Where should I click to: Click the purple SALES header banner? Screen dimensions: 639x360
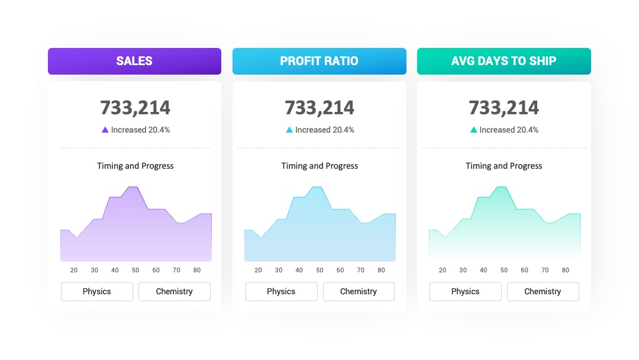coord(134,61)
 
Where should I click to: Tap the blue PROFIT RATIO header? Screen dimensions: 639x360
coord(319,61)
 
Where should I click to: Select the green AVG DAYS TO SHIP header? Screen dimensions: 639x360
coord(504,61)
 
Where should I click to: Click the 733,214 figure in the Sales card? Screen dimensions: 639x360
coord(135,108)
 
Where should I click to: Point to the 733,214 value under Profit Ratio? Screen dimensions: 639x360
coord(319,108)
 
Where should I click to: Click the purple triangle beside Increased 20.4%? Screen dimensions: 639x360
coord(105,130)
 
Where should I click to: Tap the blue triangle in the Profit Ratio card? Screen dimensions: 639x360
coord(289,130)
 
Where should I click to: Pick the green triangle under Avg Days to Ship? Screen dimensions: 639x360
coord(473,130)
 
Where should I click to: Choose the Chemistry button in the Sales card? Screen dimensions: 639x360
coord(175,291)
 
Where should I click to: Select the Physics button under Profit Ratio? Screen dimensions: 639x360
coord(281,291)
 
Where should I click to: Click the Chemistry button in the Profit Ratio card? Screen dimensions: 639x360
coord(359,291)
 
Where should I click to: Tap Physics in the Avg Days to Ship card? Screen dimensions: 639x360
coord(466,291)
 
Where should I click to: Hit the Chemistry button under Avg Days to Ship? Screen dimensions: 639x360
coord(543,291)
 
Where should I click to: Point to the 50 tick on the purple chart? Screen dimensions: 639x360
coord(135,270)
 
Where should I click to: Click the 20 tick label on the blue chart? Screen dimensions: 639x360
coord(258,270)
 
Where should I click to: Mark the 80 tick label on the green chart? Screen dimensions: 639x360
coord(565,270)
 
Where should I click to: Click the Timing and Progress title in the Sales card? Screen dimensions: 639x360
coord(135,166)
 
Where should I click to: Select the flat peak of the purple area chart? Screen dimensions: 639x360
coord(133,187)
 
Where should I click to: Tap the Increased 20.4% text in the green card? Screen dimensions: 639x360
coord(509,130)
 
